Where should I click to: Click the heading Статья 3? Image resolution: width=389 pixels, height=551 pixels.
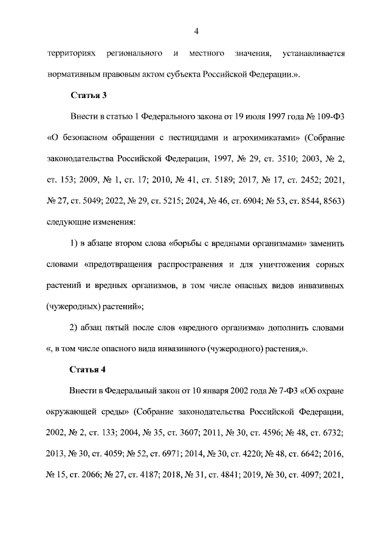click(89, 96)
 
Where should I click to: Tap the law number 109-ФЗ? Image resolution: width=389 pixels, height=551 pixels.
click(331, 116)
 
